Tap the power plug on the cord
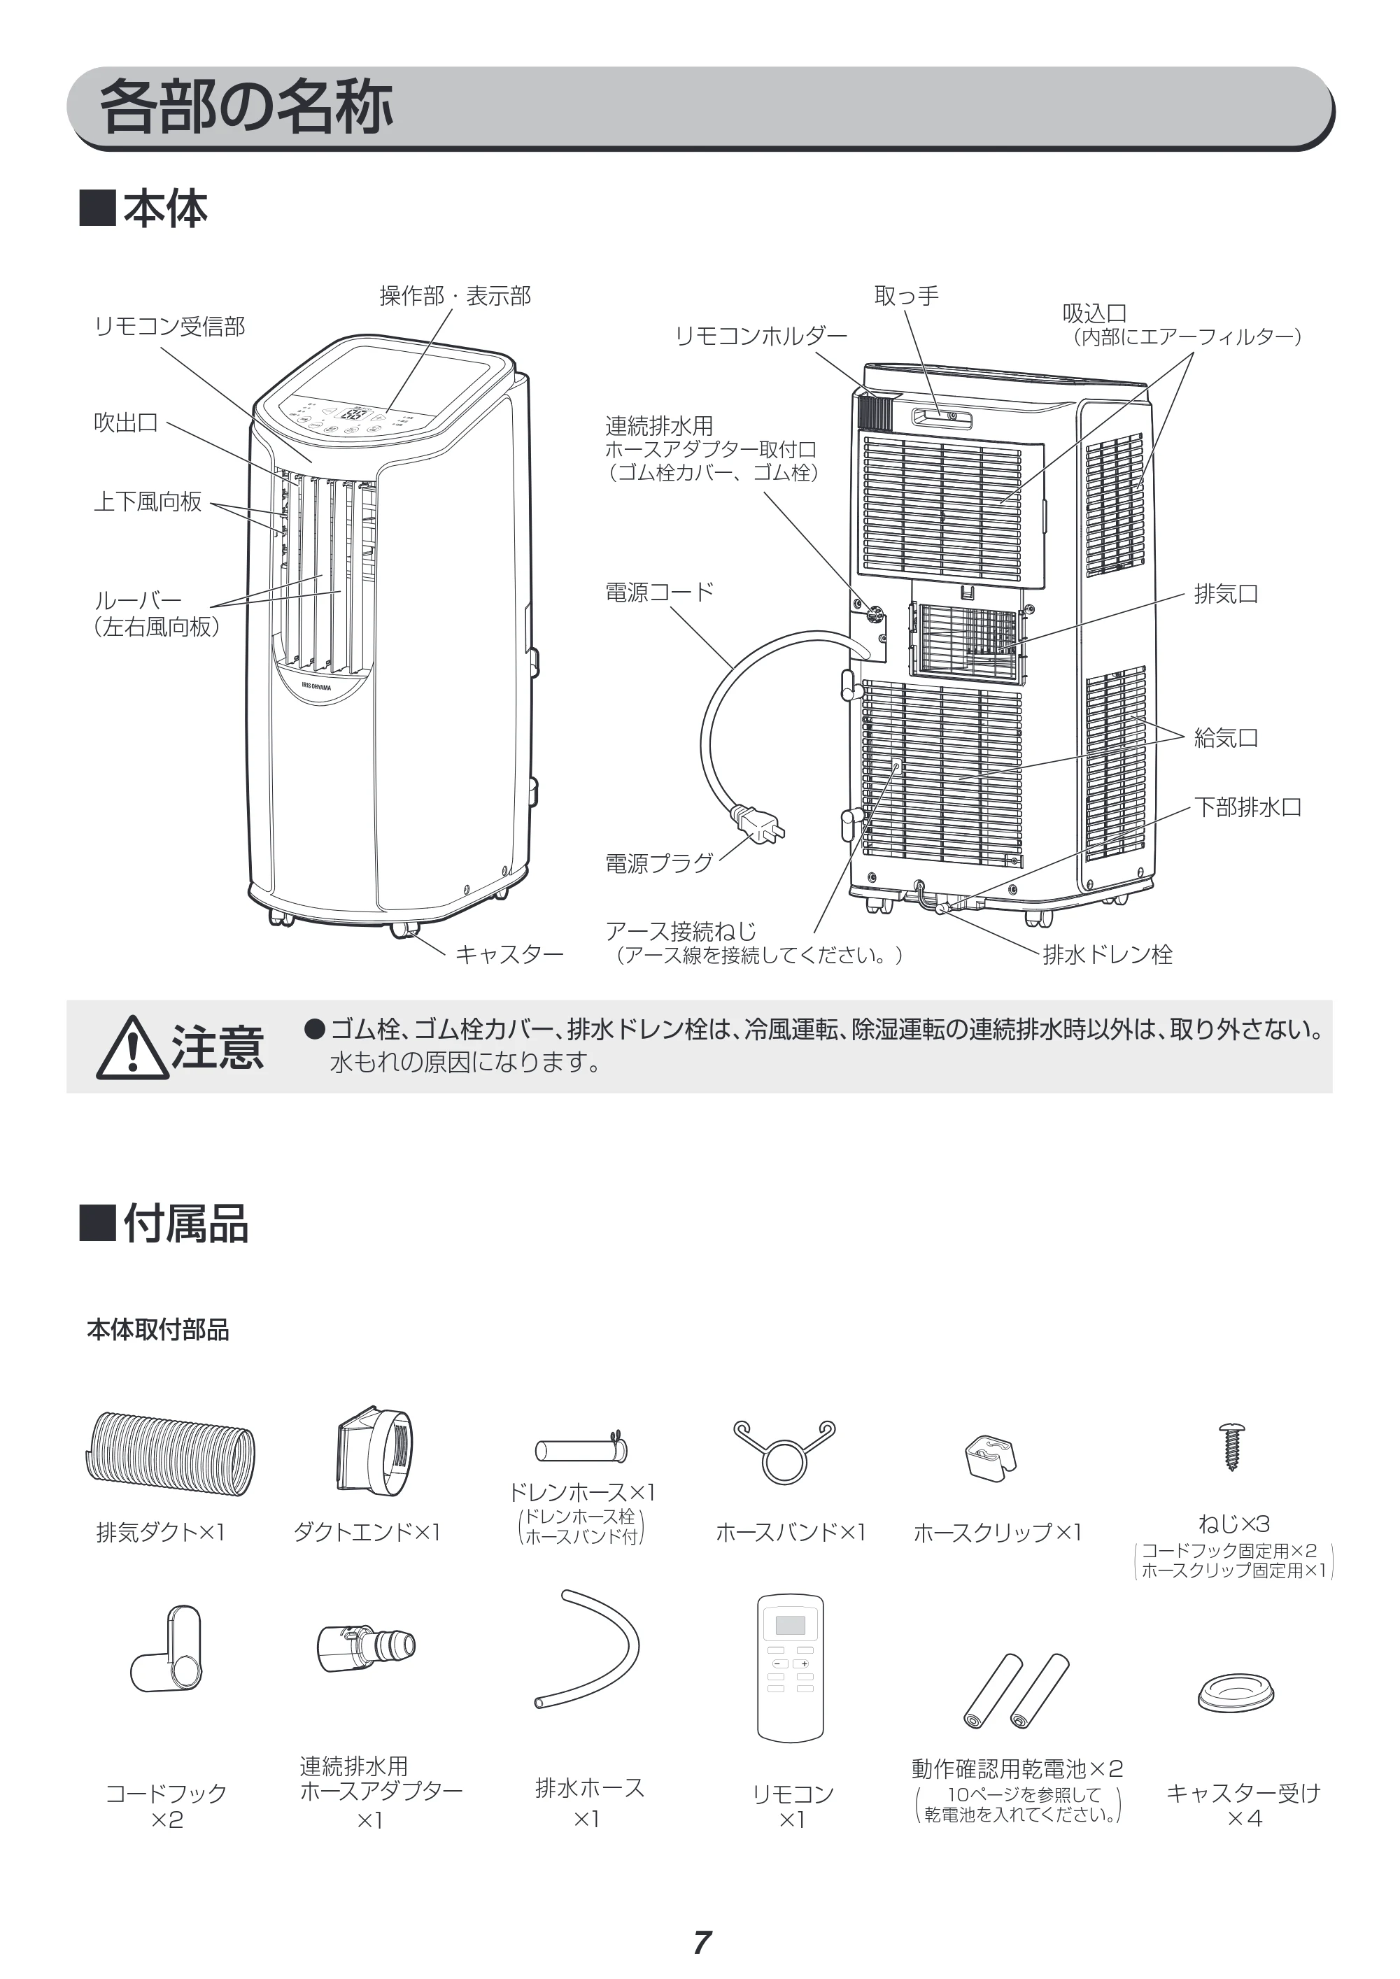pos(758,824)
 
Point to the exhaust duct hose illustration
pos(171,1456)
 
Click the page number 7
pos(702,1943)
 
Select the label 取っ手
pos(907,296)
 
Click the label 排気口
pos(1226,594)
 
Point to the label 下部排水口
pos(1247,808)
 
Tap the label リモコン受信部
pos(170,326)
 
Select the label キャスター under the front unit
pos(509,954)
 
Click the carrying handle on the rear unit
pos(942,419)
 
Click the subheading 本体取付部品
pos(157,1330)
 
